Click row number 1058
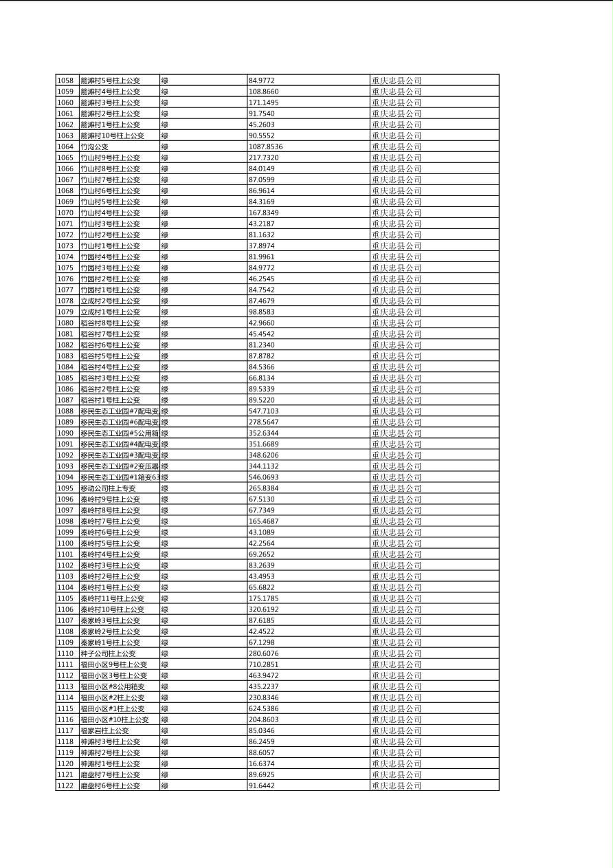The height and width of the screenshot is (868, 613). click(65, 80)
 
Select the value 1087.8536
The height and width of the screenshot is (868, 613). click(265, 147)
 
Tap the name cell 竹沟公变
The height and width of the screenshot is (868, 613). click(95, 147)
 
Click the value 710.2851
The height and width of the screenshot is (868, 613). click(263, 664)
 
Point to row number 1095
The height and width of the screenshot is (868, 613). click(65, 488)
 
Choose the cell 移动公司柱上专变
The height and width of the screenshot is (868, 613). click(108, 488)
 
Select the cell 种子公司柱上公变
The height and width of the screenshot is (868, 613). click(108, 653)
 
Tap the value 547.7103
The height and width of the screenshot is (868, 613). click(263, 411)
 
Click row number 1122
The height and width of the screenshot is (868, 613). click(65, 785)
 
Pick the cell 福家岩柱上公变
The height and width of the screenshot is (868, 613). click(104, 730)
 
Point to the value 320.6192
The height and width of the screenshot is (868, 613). click(263, 609)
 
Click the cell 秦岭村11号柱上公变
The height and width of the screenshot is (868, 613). click(112, 598)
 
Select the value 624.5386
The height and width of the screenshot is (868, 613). click(263, 708)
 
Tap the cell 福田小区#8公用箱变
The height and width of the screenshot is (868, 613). click(112, 686)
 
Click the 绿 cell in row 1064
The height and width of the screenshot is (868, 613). click(165, 147)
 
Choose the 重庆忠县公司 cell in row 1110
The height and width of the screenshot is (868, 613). click(397, 653)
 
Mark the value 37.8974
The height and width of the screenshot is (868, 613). click(261, 246)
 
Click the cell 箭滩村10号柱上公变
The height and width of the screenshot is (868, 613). click(112, 135)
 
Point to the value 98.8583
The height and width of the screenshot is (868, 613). click(261, 312)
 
